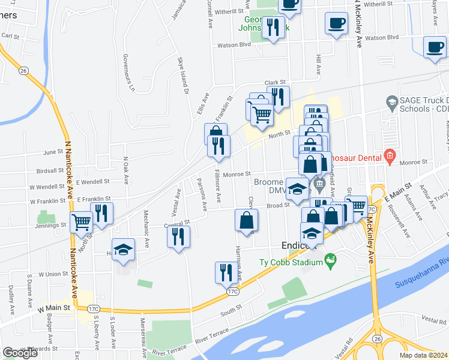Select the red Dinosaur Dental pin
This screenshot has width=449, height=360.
tap(389, 158)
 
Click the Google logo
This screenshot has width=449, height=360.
tap(20, 352)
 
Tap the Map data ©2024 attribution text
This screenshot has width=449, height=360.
tap(423, 355)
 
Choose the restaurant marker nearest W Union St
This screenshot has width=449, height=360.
tap(224, 272)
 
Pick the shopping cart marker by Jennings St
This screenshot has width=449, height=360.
tap(81, 221)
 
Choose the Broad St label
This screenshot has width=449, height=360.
tap(279, 205)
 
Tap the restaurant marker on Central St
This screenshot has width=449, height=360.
tap(178, 236)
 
